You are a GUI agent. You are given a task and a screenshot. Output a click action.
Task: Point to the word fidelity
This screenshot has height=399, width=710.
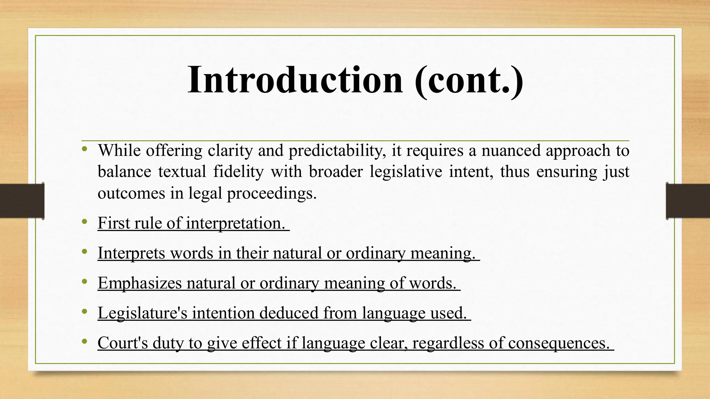click(239, 172)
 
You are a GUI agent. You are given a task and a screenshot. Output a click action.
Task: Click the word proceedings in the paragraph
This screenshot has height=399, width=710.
click(272, 193)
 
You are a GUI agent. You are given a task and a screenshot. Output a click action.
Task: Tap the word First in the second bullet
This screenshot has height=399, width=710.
click(113, 223)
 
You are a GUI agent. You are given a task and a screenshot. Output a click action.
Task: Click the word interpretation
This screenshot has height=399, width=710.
click(236, 223)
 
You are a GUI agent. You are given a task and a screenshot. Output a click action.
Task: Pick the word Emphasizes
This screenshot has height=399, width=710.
click(139, 283)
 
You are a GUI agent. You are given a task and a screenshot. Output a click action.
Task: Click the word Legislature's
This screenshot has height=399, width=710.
click(142, 313)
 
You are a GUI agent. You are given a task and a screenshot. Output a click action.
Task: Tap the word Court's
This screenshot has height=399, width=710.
click(123, 343)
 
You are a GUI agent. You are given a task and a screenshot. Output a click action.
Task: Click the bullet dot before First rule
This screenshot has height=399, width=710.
click(84, 222)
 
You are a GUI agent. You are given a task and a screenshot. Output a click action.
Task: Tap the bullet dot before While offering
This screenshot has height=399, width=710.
click(84, 149)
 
